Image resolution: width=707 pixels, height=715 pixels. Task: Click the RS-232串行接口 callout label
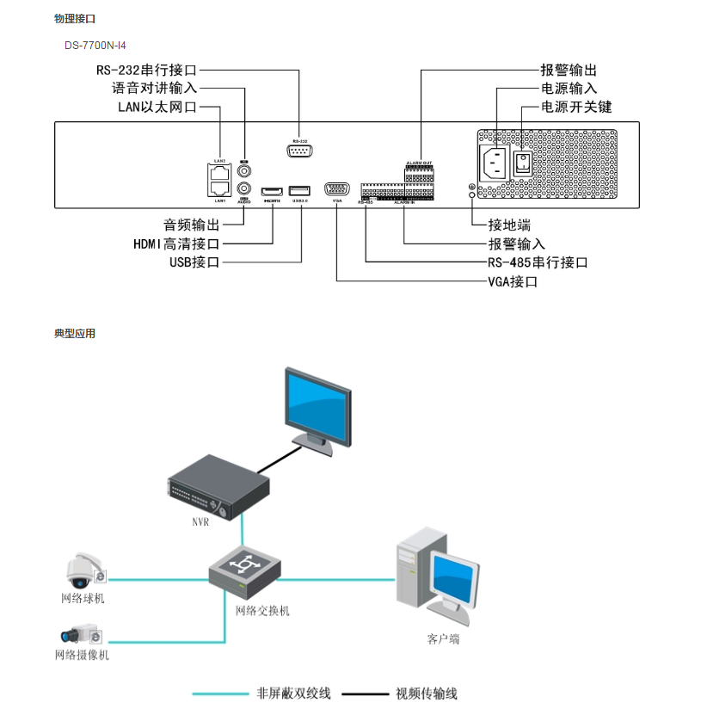point(147,70)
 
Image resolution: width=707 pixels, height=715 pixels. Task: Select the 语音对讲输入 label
point(155,88)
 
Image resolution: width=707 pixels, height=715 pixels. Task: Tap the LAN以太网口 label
point(157,107)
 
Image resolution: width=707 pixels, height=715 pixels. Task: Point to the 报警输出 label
point(569,70)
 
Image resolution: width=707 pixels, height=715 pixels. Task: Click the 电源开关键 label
point(576,107)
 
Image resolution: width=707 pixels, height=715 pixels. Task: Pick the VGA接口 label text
point(513,281)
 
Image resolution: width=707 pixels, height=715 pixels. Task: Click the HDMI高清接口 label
point(176,243)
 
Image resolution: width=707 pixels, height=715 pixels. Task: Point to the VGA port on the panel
point(337,190)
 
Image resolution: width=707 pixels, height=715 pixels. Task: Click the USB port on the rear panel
point(299,190)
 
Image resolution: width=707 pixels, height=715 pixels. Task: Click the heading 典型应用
point(75,334)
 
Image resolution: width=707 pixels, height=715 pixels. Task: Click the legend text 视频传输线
point(426,693)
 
